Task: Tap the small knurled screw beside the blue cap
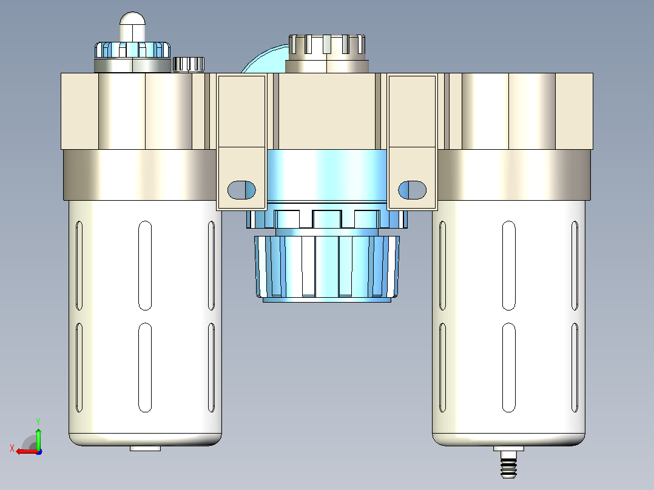pos(189,65)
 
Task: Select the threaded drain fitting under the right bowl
pos(508,463)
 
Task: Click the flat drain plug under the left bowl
pos(145,448)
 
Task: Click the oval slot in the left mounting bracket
pos(241,190)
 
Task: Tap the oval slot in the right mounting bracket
pos(412,190)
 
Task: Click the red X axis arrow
pos(27,452)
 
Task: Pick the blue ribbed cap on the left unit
pos(133,50)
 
